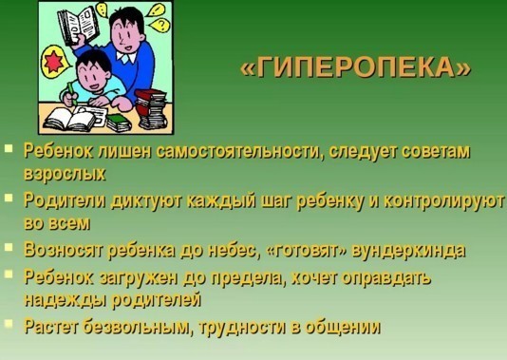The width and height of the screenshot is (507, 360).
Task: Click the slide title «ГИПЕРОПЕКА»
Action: point(356,67)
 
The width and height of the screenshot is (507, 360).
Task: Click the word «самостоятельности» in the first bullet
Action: point(240,151)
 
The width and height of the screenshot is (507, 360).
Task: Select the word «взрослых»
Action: point(65,174)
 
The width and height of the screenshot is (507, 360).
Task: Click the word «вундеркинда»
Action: point(408,251)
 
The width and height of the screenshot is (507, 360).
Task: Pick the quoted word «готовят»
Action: point(308,251)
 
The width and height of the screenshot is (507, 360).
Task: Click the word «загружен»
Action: point(140,277)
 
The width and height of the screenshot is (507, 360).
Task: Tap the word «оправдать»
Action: point(386,278)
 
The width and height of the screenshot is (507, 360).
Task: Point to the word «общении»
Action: point(343,328)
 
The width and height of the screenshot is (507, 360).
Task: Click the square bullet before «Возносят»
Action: point(9,247)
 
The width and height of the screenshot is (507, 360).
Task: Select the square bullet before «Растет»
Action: point(9,324)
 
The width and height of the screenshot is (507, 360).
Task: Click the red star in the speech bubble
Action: point(53,62)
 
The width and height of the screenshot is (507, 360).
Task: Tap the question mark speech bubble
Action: point(160,25)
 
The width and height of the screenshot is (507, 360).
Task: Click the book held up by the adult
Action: point(78,26)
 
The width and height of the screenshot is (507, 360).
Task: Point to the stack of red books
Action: point(151,109)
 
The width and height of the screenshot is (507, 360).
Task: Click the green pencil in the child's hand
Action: point(72,93)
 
